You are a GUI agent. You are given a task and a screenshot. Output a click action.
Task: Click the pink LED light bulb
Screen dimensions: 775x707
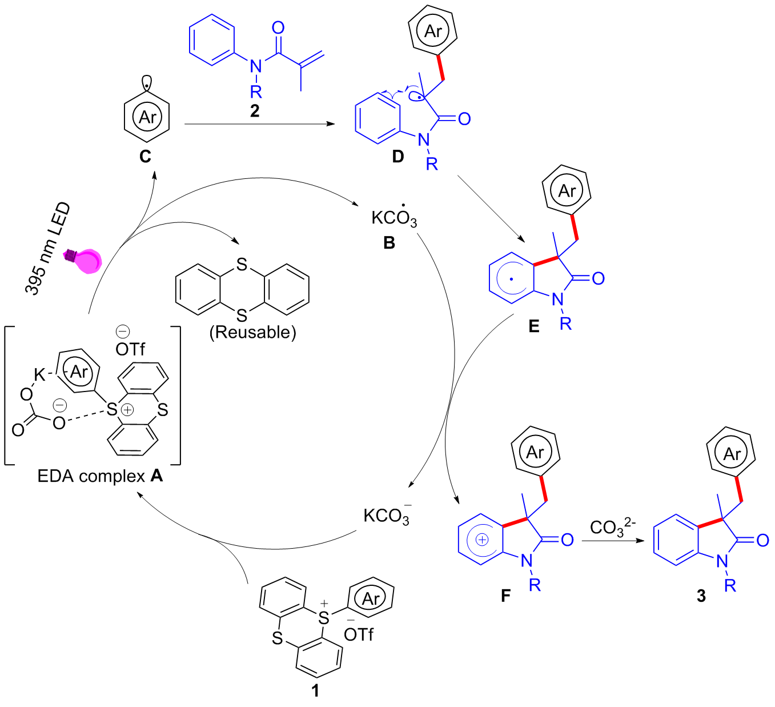[84, 261]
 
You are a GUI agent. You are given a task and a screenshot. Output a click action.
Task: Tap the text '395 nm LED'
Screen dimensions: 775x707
[47, 249]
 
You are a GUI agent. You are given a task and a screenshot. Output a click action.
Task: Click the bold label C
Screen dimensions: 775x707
[145, 157]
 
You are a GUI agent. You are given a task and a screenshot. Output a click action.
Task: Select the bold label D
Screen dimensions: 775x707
[398, 157]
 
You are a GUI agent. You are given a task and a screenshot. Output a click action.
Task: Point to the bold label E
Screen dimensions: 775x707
[534, 326]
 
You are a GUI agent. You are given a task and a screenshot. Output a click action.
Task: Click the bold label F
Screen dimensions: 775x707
[505, 596]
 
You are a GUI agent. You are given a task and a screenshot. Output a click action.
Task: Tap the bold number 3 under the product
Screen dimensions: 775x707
[701, 596]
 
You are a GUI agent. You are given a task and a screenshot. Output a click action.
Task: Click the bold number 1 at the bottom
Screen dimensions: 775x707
[315, 690]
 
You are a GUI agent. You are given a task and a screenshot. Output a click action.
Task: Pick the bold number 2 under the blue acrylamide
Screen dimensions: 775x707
[255, 111]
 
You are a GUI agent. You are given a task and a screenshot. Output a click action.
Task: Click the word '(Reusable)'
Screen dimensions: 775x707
[252, 332]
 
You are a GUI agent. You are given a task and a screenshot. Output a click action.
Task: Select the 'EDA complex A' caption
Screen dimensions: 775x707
[100, 476]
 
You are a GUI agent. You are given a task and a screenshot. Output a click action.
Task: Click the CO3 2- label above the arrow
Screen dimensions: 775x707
[613, 528]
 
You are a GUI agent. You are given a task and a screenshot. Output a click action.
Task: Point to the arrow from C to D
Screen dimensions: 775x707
[259, 124]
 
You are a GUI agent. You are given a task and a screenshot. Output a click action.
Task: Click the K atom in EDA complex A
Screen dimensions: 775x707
[40, 374]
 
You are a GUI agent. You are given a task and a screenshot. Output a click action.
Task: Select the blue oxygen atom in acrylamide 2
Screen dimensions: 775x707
[278, 27]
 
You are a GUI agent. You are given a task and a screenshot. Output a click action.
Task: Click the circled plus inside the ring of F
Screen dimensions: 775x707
[482, 540]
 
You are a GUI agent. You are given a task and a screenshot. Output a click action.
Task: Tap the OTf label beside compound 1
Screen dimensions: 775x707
[359, 634]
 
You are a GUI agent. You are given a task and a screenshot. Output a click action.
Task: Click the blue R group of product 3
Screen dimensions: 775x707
[730, 586]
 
